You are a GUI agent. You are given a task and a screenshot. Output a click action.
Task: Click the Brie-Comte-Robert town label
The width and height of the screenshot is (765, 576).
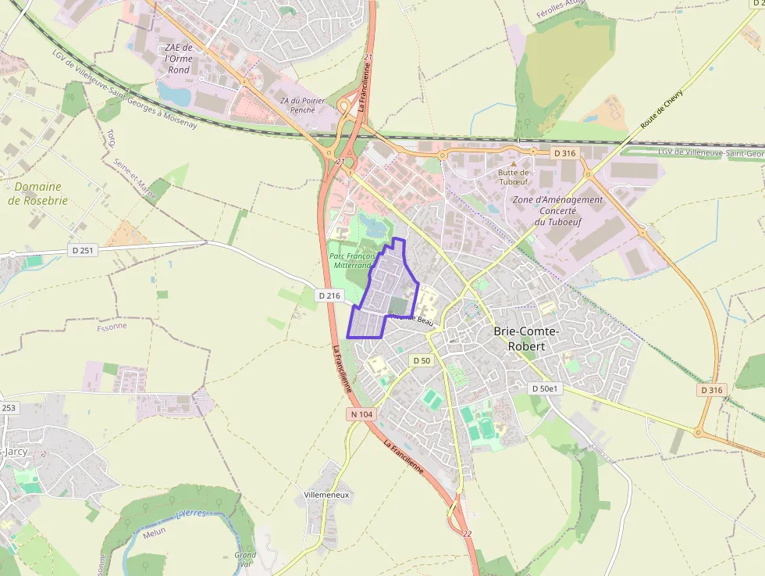[527, 338]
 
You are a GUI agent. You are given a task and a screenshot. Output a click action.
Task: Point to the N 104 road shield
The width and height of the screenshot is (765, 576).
[361, 413]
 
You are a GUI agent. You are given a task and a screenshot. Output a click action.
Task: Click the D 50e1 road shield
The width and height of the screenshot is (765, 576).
[545, 388]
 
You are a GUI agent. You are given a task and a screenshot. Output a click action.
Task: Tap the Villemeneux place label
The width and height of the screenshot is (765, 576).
[326, 496]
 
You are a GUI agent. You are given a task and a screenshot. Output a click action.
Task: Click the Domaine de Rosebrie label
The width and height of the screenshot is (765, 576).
[37, 194]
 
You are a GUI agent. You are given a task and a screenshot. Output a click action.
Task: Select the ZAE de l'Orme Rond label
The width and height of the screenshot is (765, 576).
[179, 59]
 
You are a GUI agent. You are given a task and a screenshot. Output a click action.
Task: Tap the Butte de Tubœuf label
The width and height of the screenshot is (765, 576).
[514, 177]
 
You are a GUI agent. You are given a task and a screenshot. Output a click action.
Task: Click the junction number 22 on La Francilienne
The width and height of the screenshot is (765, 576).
[467, 533]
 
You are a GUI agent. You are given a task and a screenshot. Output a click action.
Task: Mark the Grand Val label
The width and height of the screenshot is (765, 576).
[244, 560]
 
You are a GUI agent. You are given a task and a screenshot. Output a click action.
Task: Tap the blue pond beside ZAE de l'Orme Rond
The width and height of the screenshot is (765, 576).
[173, 95]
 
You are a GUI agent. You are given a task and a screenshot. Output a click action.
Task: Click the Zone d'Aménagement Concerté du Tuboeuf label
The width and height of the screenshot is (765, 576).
[557, 211]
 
